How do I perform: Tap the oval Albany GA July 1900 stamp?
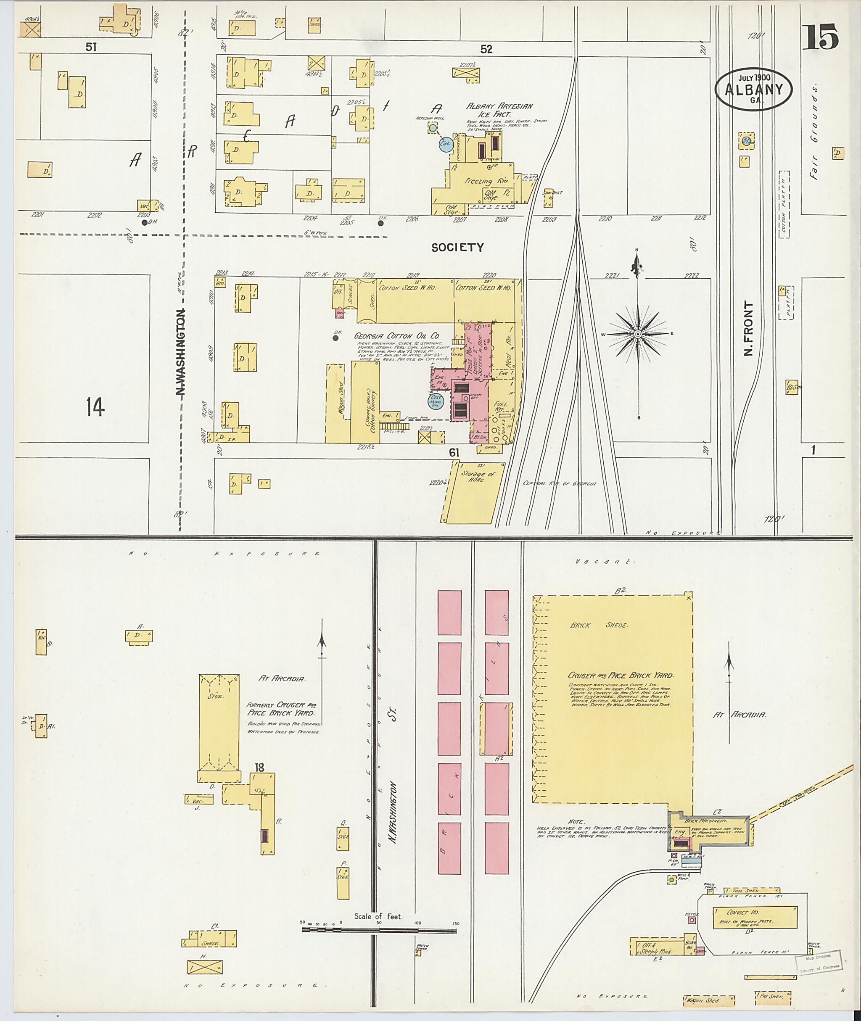tap(753, 89)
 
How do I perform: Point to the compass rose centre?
tap(638, 334)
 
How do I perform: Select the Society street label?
tap(457, 248)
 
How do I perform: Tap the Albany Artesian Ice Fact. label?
tap(499, 110)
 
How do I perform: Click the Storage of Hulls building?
tap(473, 493)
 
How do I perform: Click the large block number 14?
tap(95, 406)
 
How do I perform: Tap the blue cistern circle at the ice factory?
tap(444, 145)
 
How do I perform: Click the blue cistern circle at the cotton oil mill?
tap(435, 401)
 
